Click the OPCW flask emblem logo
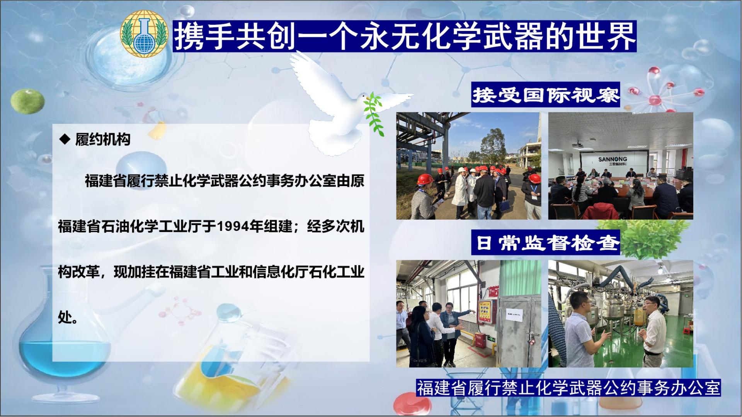(143, 35)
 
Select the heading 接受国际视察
(546, 95)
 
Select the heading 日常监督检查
(546, 242)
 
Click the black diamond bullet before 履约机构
(65, 139)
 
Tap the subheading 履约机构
(102, 139)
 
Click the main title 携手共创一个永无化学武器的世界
(404, 36)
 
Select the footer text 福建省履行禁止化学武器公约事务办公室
(568, 388)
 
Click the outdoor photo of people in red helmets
(468, 166)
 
